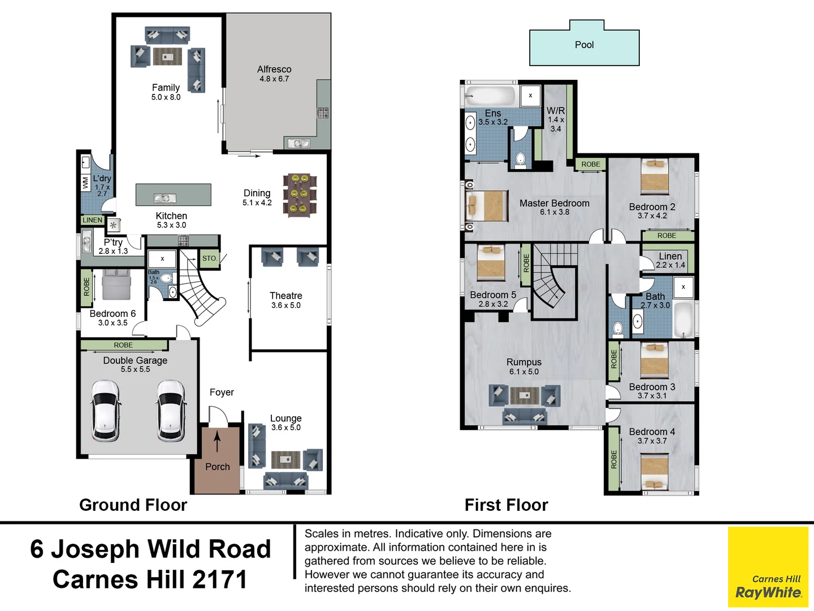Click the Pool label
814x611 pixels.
584,45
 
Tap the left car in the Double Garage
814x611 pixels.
105,411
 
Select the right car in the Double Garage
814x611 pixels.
171,411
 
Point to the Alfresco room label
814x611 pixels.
274,69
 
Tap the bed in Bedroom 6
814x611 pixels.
116,285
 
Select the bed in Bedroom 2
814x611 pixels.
654,177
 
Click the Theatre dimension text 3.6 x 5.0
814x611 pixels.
286,305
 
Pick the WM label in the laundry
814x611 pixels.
85,182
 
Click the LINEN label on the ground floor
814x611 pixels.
92,220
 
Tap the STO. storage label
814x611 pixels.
210,258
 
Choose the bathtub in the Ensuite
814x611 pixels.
490,96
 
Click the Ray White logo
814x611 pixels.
768,567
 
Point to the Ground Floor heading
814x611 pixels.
133,505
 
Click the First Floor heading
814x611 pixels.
506,505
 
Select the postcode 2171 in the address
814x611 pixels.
219,579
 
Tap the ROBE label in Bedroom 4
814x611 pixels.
614,459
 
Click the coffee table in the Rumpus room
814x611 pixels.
525,395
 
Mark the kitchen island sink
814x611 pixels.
164,198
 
